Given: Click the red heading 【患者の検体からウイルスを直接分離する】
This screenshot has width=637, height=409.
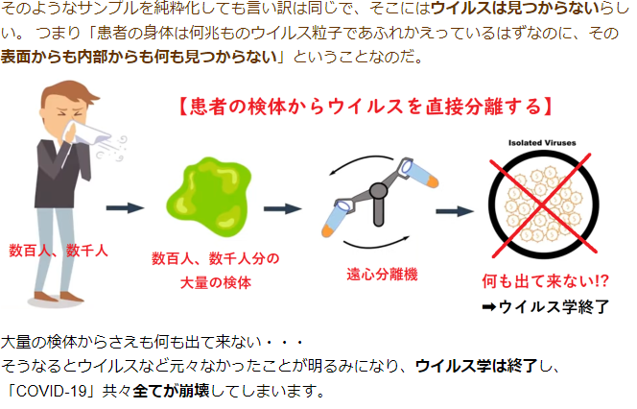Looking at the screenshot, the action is click(x=365, y=104).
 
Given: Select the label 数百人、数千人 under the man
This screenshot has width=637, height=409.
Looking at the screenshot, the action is click(x=59, y=250).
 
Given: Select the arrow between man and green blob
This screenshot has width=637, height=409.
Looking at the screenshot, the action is click(x=125, y=207).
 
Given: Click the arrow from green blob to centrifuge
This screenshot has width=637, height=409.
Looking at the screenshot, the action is click(x=283, y=208).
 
